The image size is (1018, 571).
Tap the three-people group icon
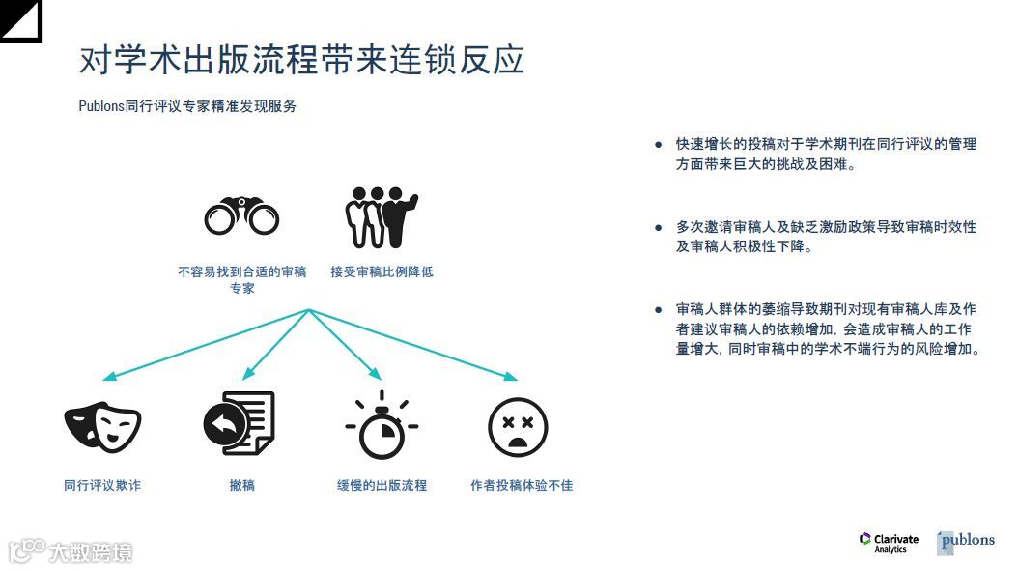[x=382, y=216]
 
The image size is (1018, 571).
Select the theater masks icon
[x=102, y=426]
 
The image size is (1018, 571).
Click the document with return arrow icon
[x=240, y=423]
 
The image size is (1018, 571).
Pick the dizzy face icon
[x=518, y=426]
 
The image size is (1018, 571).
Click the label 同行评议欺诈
[x=102, y=485]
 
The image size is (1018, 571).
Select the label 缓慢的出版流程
[x=382, y=485]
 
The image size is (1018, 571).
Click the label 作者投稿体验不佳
[x=522, y=485]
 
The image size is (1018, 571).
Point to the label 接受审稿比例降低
[x=382, y=271]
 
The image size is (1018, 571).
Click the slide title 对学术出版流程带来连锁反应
[x=301, y=60]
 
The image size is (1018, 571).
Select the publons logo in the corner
[x=965, y=541]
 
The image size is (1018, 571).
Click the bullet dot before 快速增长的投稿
[x=659, y=145]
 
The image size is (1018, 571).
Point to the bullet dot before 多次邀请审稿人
[x=659, y=228]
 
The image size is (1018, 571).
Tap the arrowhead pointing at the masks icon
[x=110, y=376]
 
